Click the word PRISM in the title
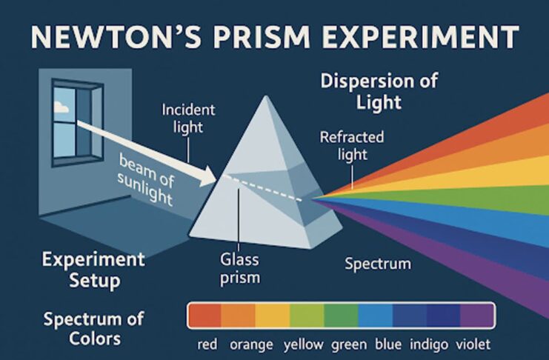[x=262, y=36]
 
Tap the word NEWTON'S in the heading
[x=116, y=36]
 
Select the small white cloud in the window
[x=61, y=107]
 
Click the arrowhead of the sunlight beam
[x=208, y=176]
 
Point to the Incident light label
[x=188, y=119]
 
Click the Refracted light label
[x=352, y=146]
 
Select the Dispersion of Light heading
[x=379, y=91]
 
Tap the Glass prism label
[x=240, y=269]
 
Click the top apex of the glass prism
[x=267, y=96]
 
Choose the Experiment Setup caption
[x=93, y=270]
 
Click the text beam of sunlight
[x=146, y=179]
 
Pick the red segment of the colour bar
[x=204, y=315]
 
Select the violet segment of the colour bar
[x=477, y=315]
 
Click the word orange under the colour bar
[x=251, y=344]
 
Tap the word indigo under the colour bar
[x=429, y=344]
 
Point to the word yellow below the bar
[x=304, y=344]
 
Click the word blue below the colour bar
[x=388, y=344]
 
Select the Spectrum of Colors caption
[x=94, y=329]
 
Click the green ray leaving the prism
[x=455, y=198]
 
